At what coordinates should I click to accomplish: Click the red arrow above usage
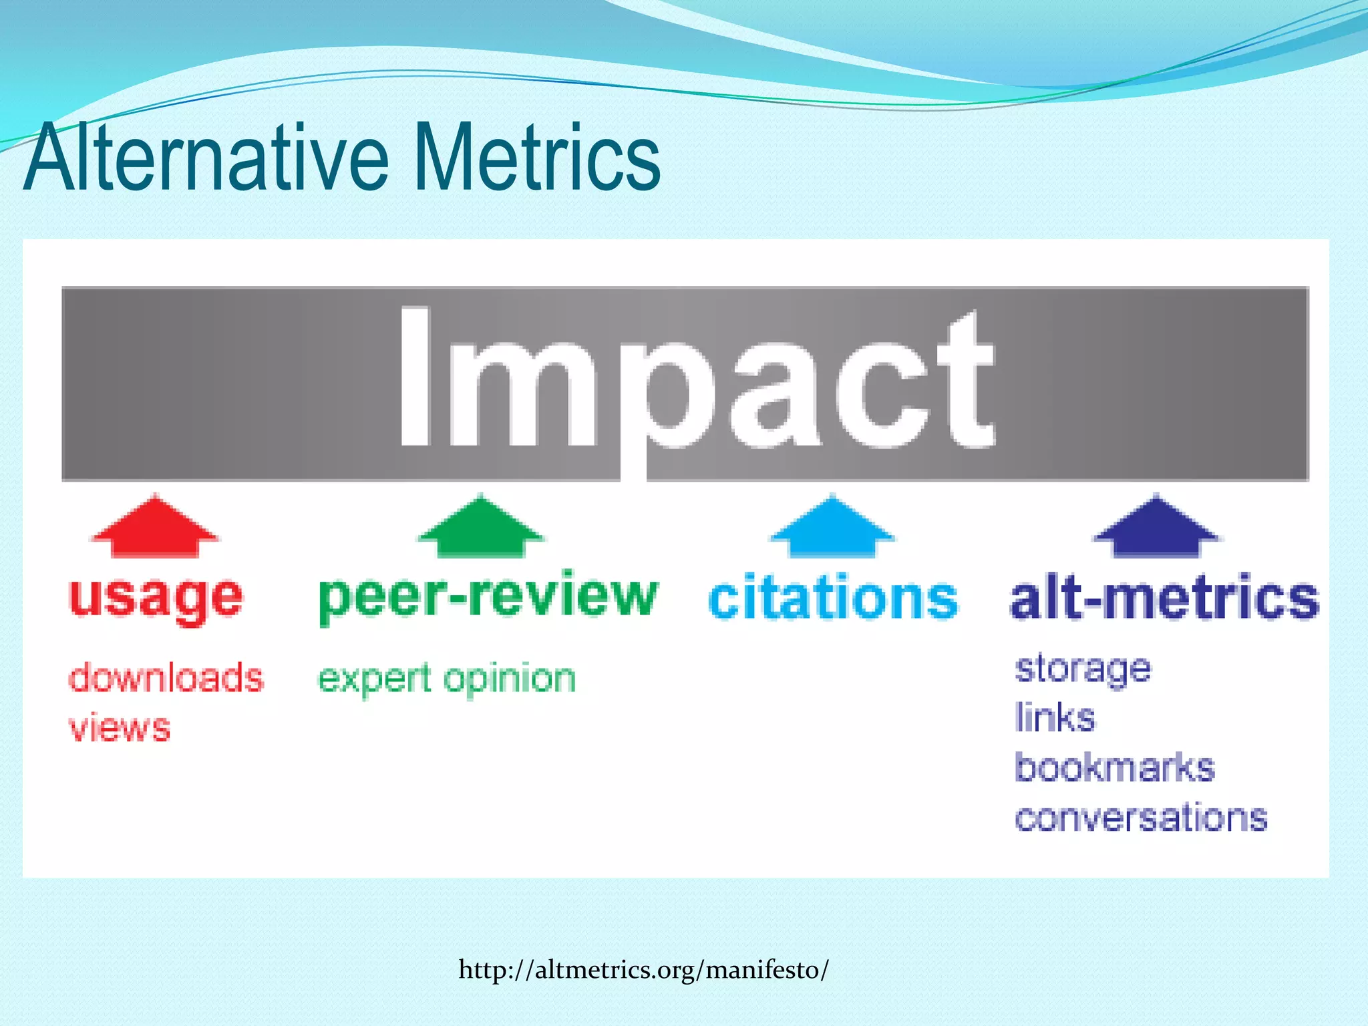click(x=155, y=528)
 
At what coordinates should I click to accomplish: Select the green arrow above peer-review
click(x=481, y=528)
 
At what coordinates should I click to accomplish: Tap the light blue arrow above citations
click(x=832, y=528)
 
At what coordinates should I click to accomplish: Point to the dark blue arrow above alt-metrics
click(x=1157, y=528)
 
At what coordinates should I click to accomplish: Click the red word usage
click(x=156, y=598)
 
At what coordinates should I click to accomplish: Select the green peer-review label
click(x=488, y=596)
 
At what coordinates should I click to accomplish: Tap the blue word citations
click(x=833, y=596)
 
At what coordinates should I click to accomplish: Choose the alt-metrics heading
click(x=1164, y=596)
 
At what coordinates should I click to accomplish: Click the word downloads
click(x=166, y=678)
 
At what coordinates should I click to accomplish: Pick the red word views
click(x=120, y=728)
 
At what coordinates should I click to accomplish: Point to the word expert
click(x=374, y=679)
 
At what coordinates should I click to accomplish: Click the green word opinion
click(x=510, y=679)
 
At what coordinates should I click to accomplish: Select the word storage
click(x=1083, y=669)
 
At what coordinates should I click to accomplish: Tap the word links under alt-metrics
click(x=1055, y=718)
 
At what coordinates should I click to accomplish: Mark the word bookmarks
click(x=1115, y=767)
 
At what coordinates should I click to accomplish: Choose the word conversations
click(x=1141, y=818)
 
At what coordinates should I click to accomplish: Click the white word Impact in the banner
click(x=697, y=377)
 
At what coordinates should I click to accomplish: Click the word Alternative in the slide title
click(x=206, y=158)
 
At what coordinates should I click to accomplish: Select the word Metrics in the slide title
click(x=537, y=158)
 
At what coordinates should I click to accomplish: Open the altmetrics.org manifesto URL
click(x=643, y=969)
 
